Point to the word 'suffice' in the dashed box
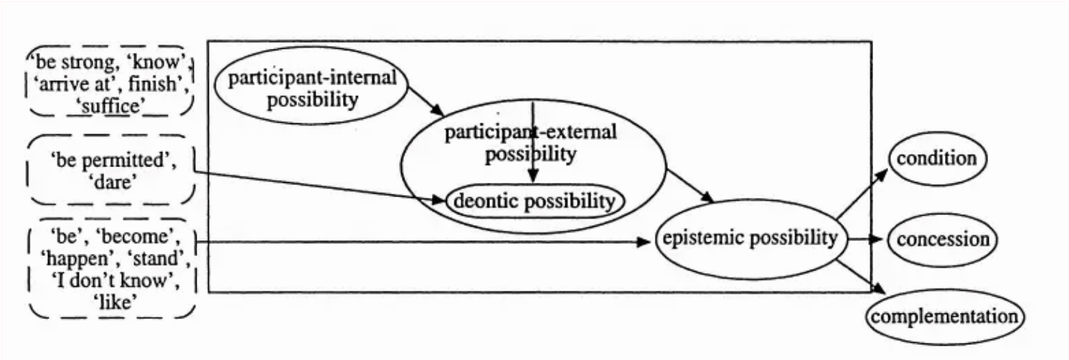(110, 106)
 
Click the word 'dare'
(113, 182)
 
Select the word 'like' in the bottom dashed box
(116, 302)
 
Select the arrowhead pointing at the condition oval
(881, 174)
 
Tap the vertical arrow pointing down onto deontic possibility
(532, 141)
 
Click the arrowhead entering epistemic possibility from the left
(644, 242)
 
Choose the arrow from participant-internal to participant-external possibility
(426, 101)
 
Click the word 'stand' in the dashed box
(159, 258)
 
